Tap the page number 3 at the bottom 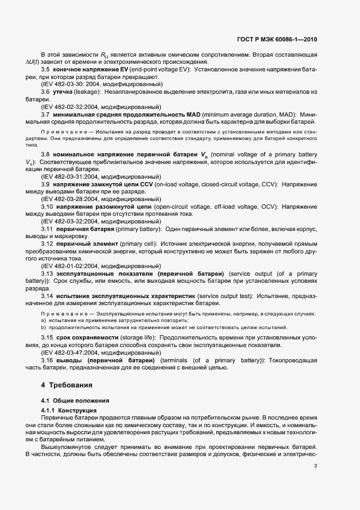(x=316, y=465)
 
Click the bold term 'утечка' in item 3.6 (x=63, y=92)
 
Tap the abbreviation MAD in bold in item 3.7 (x=194, y=114)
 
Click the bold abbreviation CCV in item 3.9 (x=147, y=185)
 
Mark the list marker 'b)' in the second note (x=43, y=327)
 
